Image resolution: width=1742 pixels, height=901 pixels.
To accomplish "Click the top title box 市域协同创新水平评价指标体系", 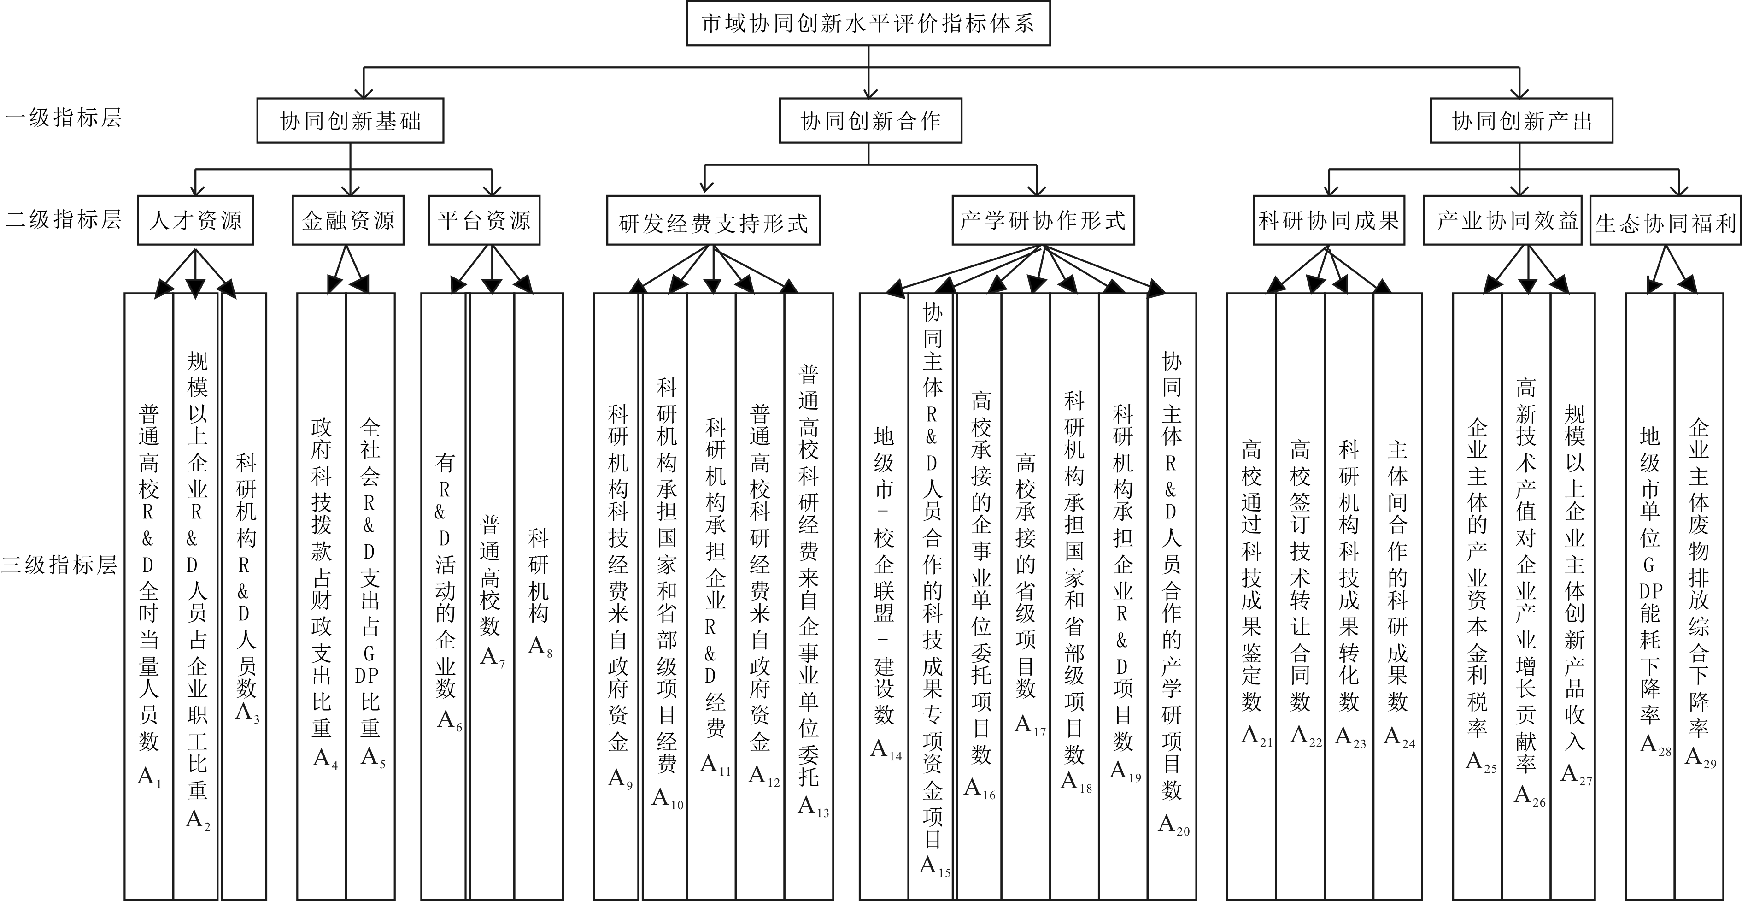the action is (868, 23).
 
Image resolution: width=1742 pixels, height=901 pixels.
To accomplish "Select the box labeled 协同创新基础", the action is (350, 121).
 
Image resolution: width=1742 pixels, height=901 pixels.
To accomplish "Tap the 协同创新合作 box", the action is (870, 121).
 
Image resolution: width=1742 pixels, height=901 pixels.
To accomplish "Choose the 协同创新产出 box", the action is (1522, 121).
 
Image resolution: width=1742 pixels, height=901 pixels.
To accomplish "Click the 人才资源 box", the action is (195, 220).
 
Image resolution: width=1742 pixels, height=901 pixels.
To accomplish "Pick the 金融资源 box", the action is (348, 220).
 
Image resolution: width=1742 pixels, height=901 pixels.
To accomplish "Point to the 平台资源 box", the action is (484, 220).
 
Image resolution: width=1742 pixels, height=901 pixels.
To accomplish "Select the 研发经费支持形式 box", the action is (714, 220).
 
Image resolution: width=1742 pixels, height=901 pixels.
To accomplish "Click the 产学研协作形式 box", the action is (1044, 220).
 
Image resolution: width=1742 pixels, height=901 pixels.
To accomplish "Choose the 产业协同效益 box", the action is (1507, 220).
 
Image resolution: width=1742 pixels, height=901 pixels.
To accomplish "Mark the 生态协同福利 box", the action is (1666, 220).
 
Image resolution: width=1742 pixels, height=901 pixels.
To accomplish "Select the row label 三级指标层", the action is (59, 564).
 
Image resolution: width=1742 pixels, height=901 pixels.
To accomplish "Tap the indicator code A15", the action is (935, 866).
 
